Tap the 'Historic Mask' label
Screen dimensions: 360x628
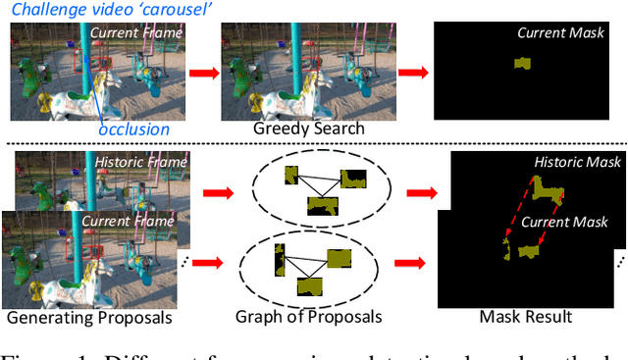[x=575, y=161]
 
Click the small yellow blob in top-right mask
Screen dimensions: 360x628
[x=522, y=64]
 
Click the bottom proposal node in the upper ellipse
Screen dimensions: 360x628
[x=322, y=205]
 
